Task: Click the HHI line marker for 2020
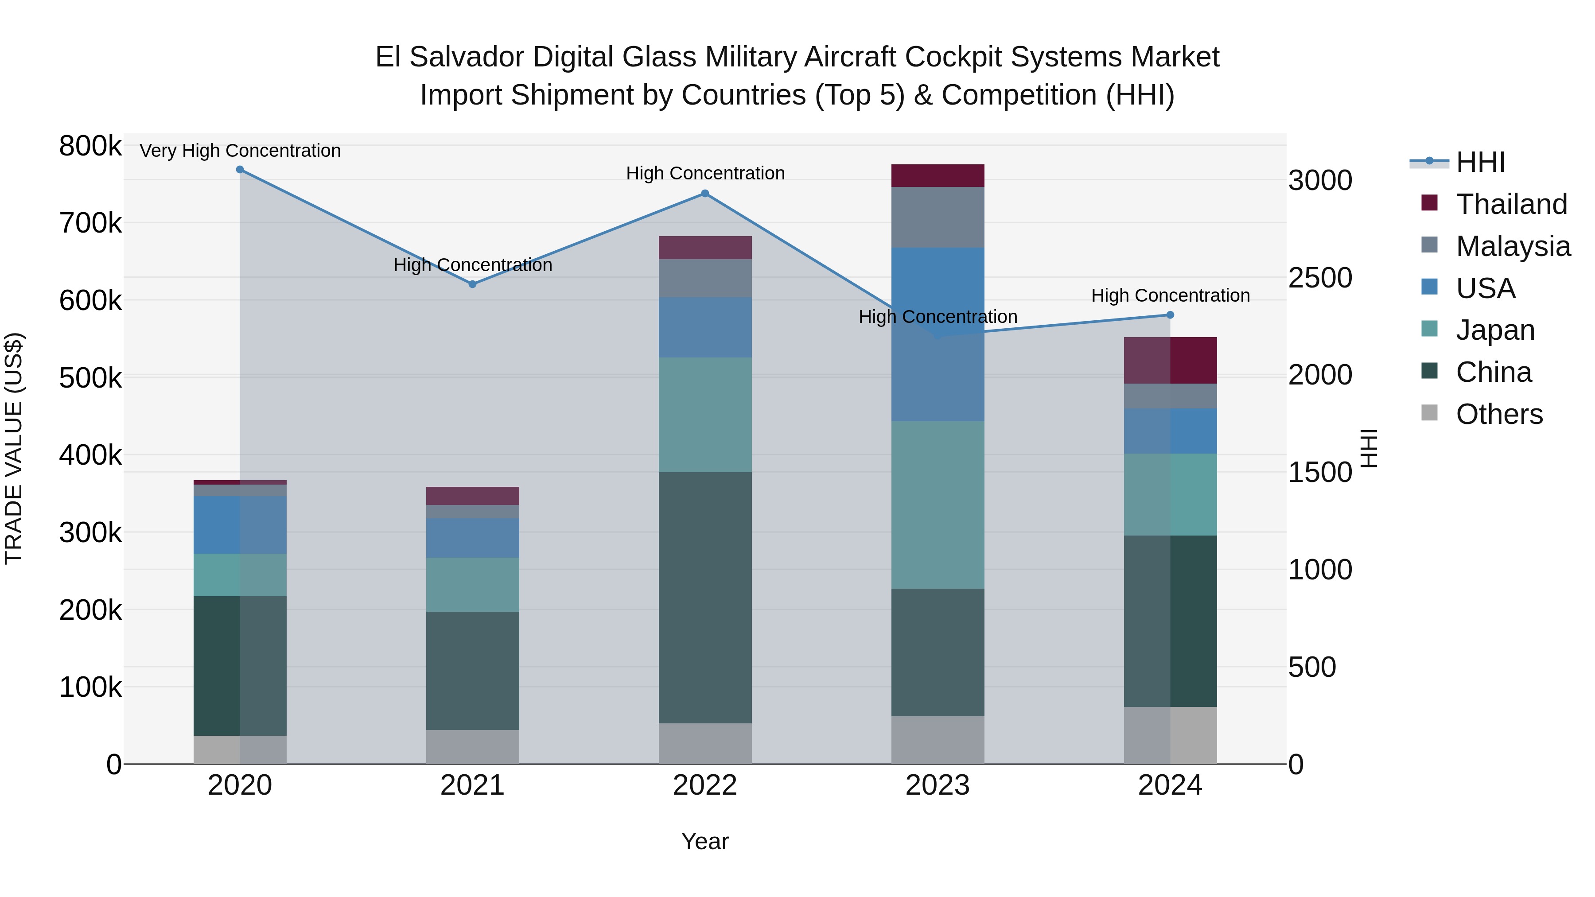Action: [x=240, y=169]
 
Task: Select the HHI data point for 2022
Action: [x=704, y=193]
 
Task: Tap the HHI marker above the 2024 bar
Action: [x=1170, y=315]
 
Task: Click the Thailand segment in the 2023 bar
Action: [x=938, y=175]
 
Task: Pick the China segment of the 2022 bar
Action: [x=704, y=598]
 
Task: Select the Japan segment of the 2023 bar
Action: [x=938, y=505]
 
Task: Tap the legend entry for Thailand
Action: [x=1511, y=204]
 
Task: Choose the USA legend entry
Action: [x=1485, y=288]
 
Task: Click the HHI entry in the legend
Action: [x=1480, y=162]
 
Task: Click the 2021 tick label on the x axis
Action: [x=472, y=785]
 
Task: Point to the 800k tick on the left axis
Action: [x=90, y=146]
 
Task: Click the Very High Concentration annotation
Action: [x=240, y=151]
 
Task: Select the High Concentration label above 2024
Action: [x=1170, y=295]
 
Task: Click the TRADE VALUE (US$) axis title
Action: [x=14, y=448]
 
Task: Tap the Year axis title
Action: [x=704, y=841]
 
